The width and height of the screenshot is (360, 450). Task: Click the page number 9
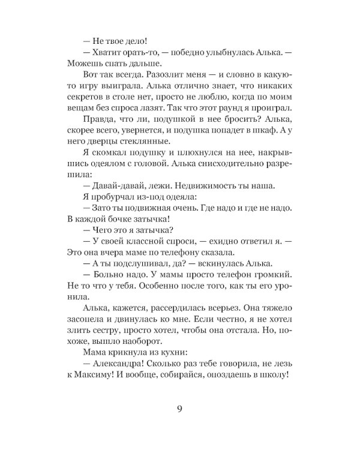[x=180, y=410]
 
